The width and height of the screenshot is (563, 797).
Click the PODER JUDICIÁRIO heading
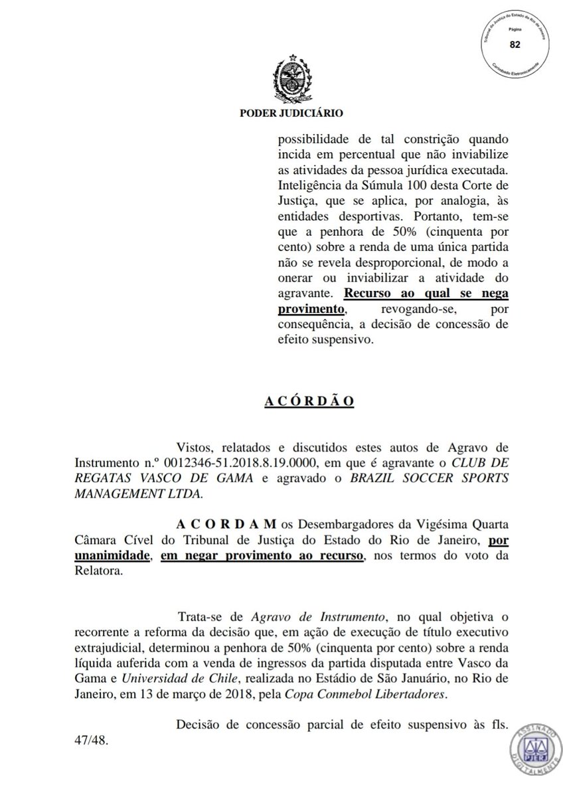pos(291,114)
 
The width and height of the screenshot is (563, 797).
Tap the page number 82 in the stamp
pos(515,44)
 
